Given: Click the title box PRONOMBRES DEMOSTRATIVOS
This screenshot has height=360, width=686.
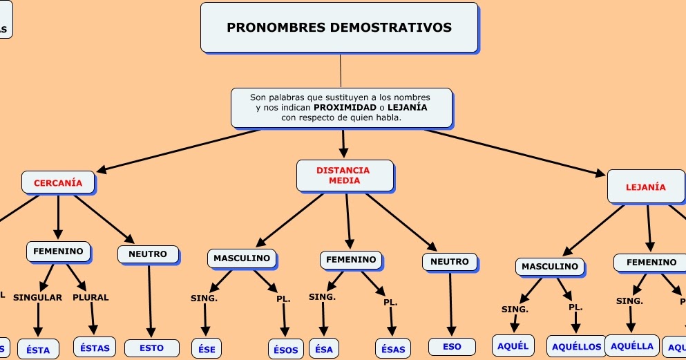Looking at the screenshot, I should (339, 28).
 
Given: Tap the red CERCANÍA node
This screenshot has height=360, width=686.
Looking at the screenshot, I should (58, 183).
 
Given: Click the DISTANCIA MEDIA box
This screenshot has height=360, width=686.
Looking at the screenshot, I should (344, 176).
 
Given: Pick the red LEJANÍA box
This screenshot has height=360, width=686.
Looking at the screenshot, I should (645, 187).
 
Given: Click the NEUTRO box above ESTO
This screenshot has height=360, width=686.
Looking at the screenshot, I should (148, 254).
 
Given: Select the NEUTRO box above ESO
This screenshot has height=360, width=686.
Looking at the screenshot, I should (450, 262).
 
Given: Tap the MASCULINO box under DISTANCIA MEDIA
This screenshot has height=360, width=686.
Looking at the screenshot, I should (242, 258).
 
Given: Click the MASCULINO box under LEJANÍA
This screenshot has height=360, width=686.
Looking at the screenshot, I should (550, 267).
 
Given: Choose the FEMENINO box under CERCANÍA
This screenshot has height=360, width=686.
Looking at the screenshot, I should (58, 252).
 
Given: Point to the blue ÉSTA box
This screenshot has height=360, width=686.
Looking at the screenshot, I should (38, 350).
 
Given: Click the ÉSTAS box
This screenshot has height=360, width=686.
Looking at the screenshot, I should (95, 348).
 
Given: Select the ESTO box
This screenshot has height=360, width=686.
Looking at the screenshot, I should (152, 348).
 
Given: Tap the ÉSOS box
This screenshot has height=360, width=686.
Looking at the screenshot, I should (285, 350).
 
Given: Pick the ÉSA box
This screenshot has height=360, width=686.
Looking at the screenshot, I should (323, 350).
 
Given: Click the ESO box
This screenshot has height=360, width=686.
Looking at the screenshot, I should (452, 346).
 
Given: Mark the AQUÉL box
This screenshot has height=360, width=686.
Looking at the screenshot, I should (513, 345).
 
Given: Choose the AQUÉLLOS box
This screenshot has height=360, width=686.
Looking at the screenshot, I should (577, 346).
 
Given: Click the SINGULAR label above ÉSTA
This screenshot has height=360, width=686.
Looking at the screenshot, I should (38, 298).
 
